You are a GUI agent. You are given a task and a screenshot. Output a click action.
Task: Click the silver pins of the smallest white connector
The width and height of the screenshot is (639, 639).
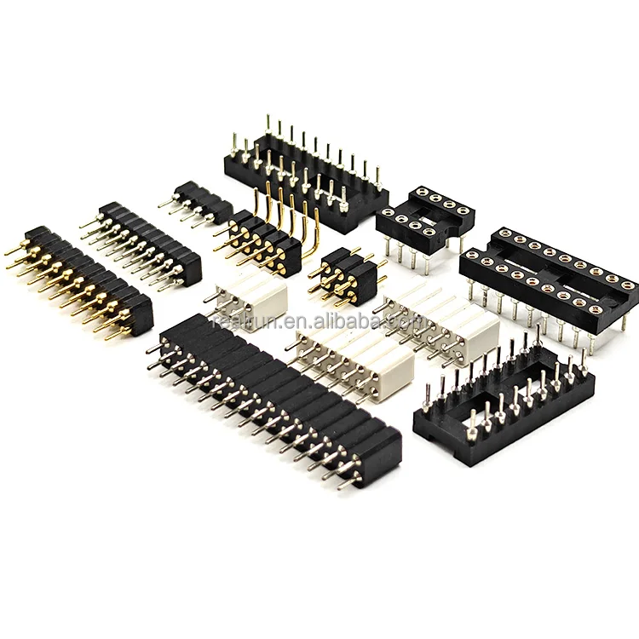click(x=217, y=298)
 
